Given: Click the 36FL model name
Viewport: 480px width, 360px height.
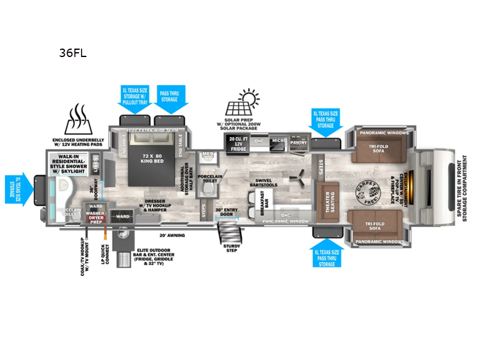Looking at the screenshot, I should tap(73, 52).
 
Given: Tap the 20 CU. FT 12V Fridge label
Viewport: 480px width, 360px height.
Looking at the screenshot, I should tap(235, 145).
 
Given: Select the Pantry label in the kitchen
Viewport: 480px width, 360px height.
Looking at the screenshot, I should tap(298, 143).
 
